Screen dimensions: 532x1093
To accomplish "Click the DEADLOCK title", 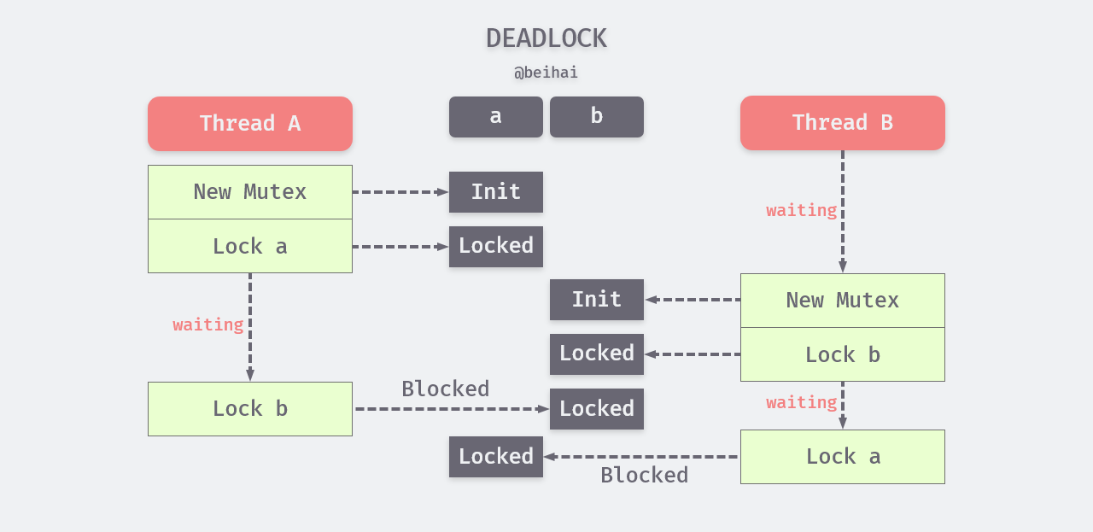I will pos(546,38).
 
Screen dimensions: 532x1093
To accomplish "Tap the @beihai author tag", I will pos(546,73).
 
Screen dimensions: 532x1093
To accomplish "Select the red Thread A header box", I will pos(249,123).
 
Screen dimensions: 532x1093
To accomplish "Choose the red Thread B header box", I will pos(842,122).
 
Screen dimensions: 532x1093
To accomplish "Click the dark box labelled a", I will pos(495,116).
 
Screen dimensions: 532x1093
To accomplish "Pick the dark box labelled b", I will pos(596,116).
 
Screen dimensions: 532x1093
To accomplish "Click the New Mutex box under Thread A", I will pos(249,192).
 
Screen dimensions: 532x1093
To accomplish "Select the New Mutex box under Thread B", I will pos(842,301).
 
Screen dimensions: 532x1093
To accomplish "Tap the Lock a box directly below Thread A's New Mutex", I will pos(249,247).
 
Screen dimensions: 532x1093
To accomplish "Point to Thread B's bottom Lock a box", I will pos(842,457).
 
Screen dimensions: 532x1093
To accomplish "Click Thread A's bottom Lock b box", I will pos(249,409).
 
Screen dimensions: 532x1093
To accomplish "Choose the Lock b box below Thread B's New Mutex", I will pos(842,354).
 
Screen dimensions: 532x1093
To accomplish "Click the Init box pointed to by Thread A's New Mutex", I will pos(495,192).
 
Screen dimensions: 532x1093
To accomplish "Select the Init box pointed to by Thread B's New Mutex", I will pos(596,300).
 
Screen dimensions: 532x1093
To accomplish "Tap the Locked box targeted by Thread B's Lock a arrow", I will pos(495,457).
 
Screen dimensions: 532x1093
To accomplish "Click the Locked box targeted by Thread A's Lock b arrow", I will pos(596,409).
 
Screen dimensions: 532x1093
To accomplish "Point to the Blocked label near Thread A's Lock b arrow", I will pos(445,389).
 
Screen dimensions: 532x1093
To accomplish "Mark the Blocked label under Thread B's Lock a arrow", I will pos(644,476).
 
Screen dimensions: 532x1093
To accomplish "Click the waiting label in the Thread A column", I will pos(207,324).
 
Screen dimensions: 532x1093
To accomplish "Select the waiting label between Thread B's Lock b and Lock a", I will pos(801,402).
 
